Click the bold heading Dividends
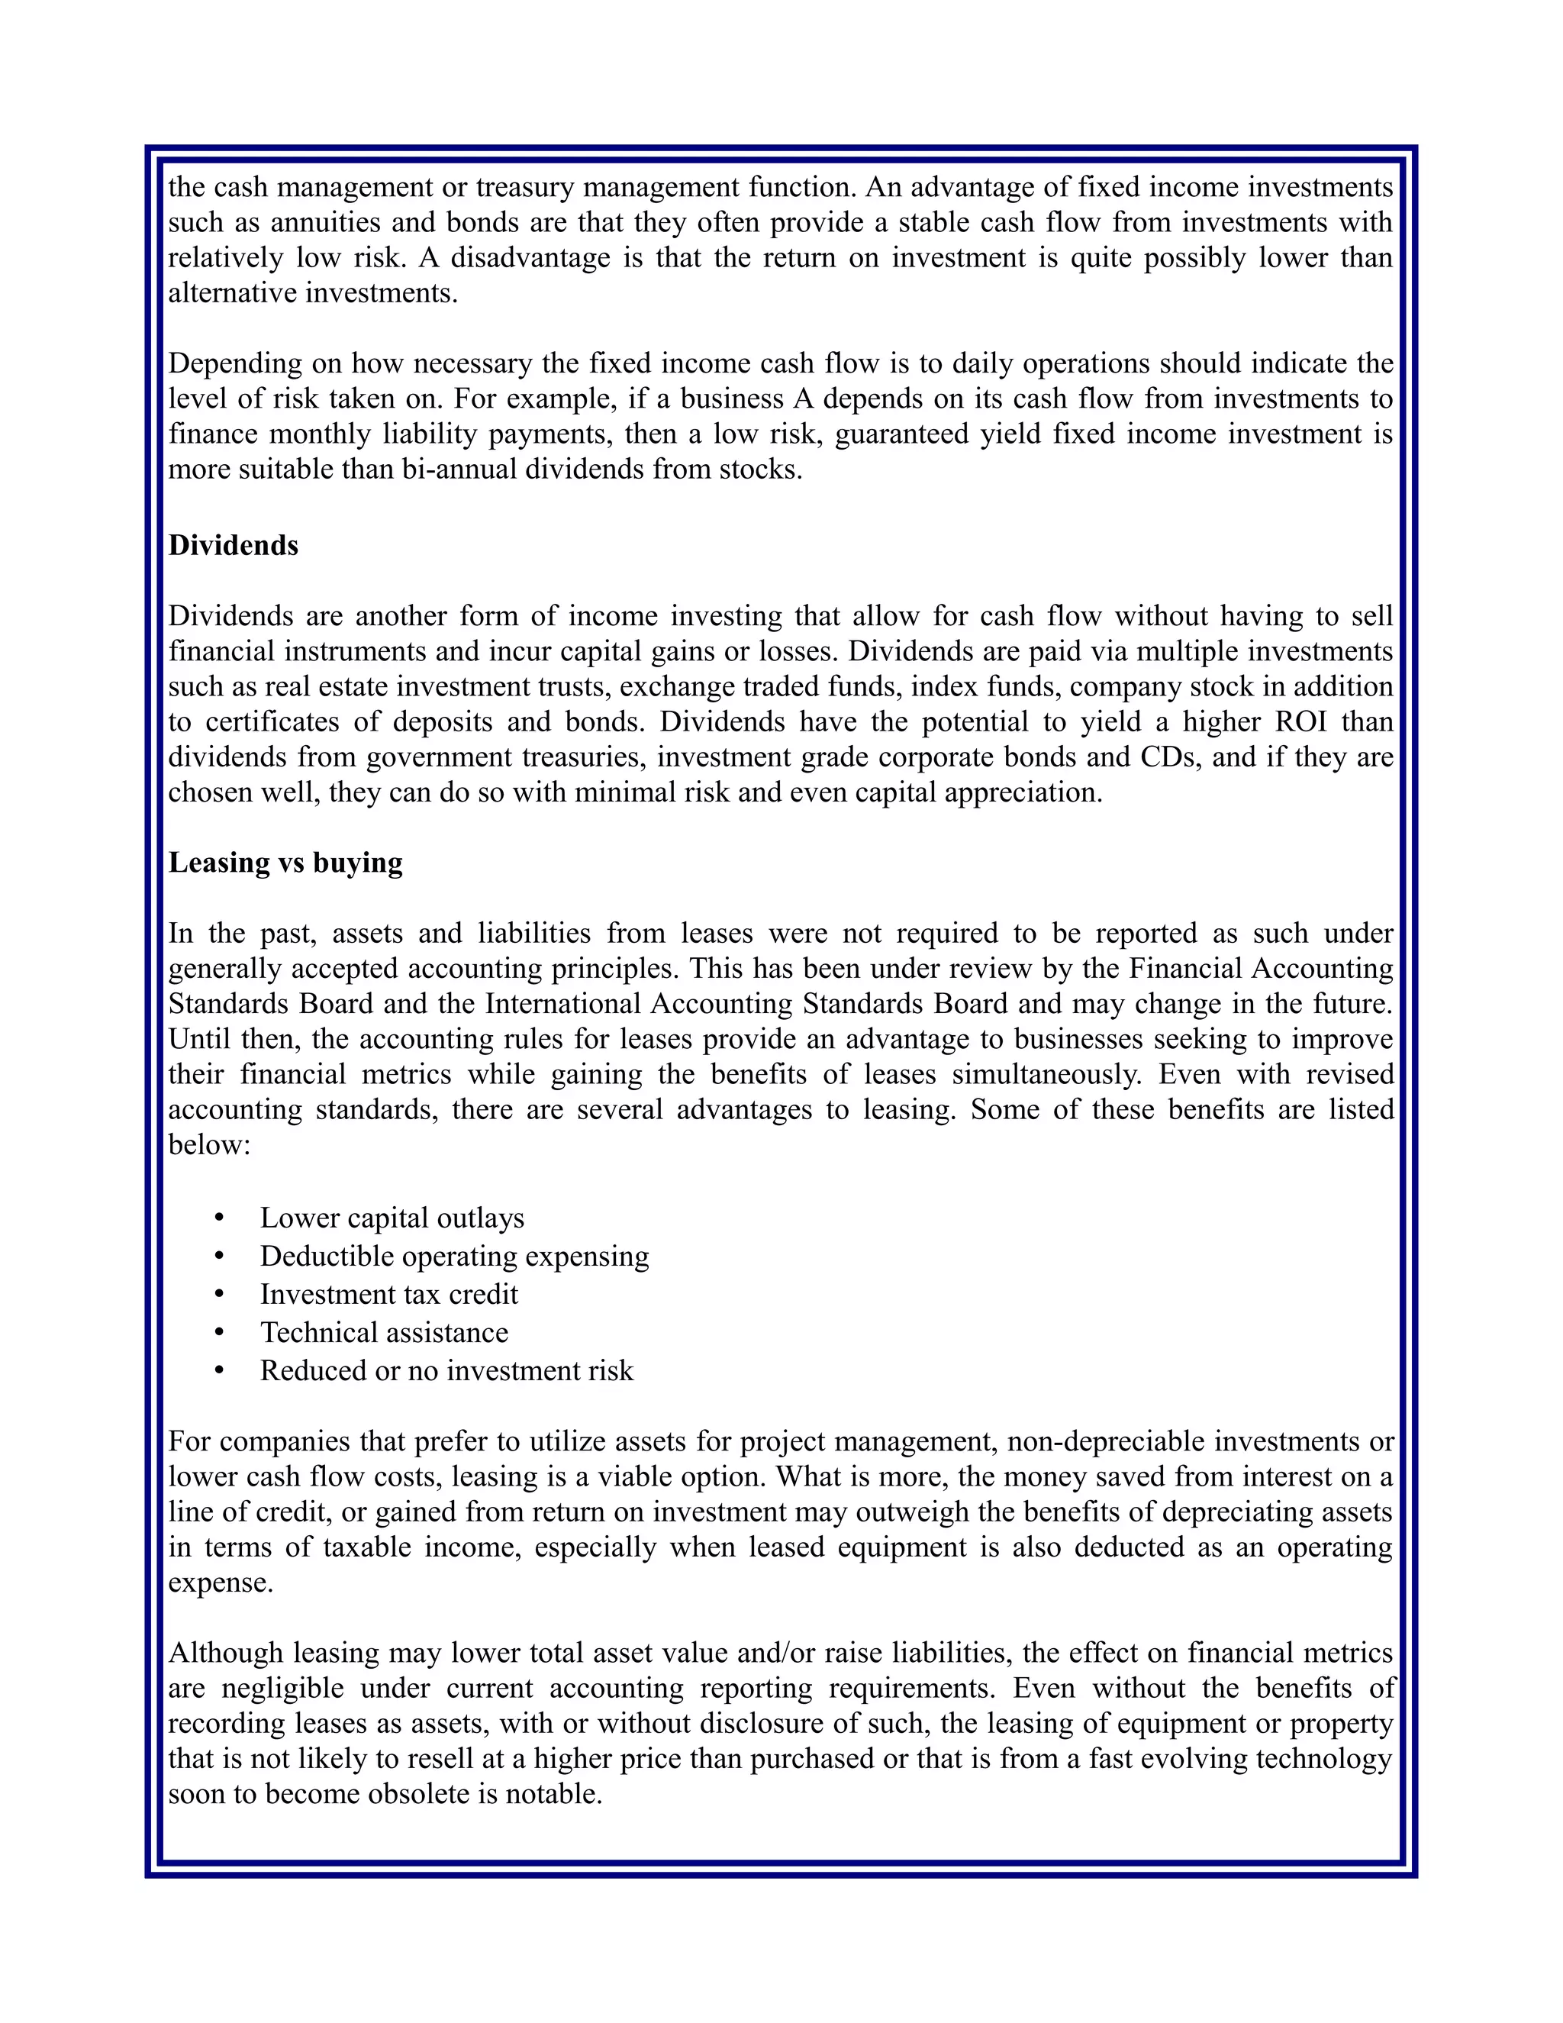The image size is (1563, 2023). pyautogui.click(x=234, y=546)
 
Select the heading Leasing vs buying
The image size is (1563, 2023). pyautogui.click(x=285, y=863)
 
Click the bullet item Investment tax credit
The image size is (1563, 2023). pyautogui.click(x=389, y=1294)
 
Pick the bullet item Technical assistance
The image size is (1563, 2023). pyautogui.click(x=385, y=1332)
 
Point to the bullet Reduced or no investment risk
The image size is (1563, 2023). pyautogui.click(x=446, y=1370)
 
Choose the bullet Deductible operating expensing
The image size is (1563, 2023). pyautogui.click(x=455, y=1256)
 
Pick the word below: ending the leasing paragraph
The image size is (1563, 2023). pyautogui.click(x=210, y=1145)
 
